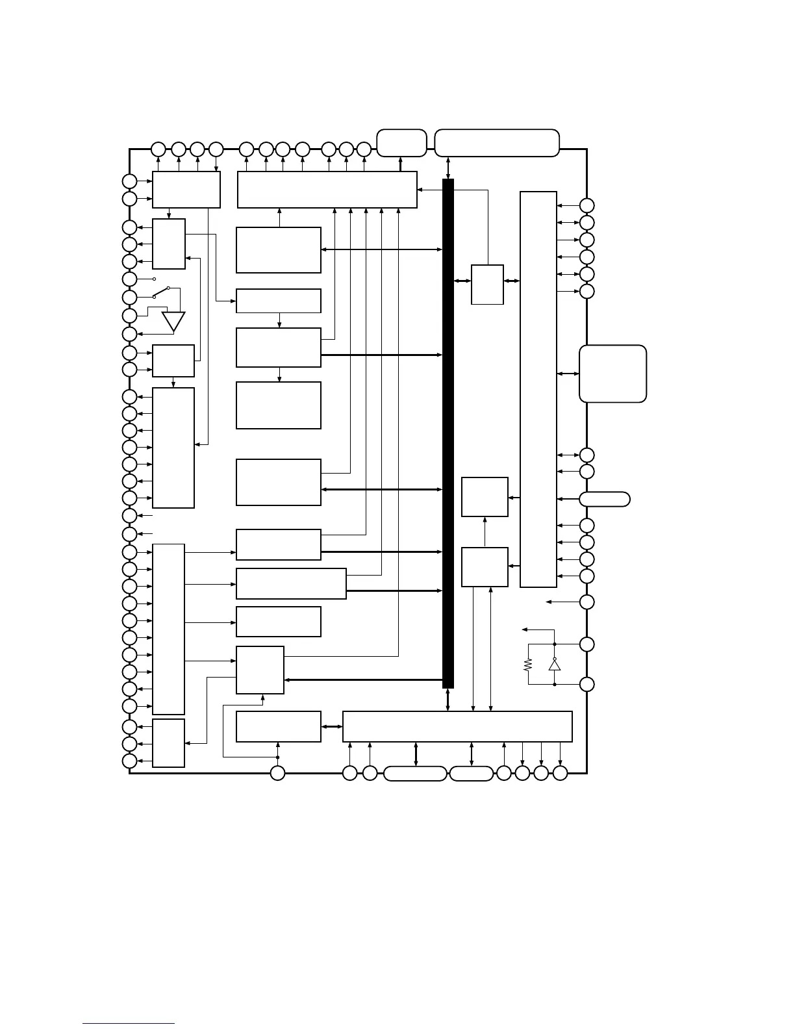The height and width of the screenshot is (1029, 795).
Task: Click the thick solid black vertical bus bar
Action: [448, 433]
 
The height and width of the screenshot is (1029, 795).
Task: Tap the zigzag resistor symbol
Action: [528, 664]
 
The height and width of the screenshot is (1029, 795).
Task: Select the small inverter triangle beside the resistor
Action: [554, 664]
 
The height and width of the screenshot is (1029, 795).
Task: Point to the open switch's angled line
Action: [161, 292]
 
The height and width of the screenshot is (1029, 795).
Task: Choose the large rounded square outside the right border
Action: [612, 374]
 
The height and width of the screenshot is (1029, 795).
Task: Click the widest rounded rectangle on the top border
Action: [497, 143]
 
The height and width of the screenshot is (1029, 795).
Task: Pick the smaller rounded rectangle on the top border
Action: [401, 143]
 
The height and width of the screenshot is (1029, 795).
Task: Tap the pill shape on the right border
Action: [604, 499]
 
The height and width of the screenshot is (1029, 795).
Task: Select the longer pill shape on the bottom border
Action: [415, 774]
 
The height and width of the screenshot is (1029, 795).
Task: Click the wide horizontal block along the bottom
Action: [457, 726]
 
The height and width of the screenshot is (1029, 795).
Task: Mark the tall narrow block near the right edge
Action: [538, 389]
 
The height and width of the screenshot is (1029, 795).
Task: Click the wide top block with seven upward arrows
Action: [327, 190]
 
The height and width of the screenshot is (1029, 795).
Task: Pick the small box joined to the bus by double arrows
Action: [487, 284]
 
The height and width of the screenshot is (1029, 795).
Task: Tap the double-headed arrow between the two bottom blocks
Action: [332, 726]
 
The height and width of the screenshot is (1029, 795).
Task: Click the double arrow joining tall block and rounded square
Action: [568, 374]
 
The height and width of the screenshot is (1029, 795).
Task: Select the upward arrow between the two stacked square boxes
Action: [485, 532]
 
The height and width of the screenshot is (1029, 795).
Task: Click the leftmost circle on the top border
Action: [158, 149]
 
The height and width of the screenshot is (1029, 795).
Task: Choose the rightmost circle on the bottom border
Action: [560, 774]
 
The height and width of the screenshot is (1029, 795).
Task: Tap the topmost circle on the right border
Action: [587, 205]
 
